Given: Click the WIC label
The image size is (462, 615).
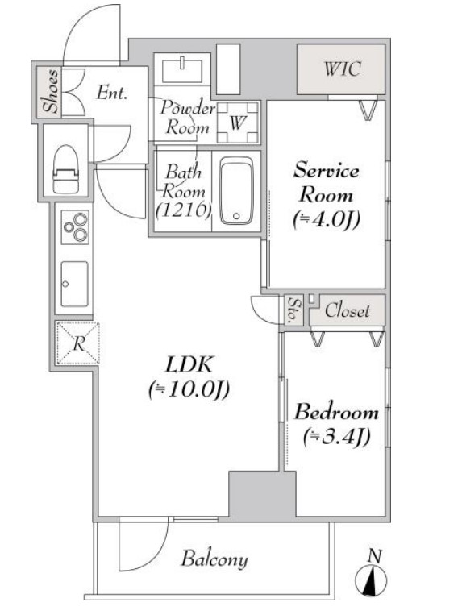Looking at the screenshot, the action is [x=342, y=69].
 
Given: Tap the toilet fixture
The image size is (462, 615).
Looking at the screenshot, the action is [x=65, y=169].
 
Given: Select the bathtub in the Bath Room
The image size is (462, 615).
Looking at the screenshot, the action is [x=236, y=190].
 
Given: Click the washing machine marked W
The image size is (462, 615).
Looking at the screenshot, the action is [x=238, y=123].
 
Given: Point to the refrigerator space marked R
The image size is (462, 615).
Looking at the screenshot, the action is [x=78, y=343].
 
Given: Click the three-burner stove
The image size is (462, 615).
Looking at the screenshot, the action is [x=75, y=227].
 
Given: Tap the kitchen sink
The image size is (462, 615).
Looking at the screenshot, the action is [x=74, y=284].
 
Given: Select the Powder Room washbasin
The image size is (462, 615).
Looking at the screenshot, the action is [x=182, y=71].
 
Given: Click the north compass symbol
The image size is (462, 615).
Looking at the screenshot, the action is [x=371, y=581].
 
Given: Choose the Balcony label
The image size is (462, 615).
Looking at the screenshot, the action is [x=214, y=559].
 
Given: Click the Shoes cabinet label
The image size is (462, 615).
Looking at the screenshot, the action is [x=52, y=91].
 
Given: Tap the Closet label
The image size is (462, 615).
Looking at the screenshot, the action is [x=347, y=310].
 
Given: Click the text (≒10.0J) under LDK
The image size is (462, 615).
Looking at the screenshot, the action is [x=189, y=390].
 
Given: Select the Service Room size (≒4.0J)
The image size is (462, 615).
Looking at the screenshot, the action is [x=327, y=219].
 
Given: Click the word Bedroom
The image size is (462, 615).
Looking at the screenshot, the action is [x=336, y=412].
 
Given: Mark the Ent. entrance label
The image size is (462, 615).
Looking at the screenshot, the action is [x=112, y=93].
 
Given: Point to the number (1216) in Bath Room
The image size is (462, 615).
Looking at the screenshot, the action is [x=184, y=210].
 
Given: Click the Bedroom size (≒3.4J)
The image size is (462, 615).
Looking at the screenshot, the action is [x=337, y=437].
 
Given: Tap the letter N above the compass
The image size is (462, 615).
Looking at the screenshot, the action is [x=376, y=556].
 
